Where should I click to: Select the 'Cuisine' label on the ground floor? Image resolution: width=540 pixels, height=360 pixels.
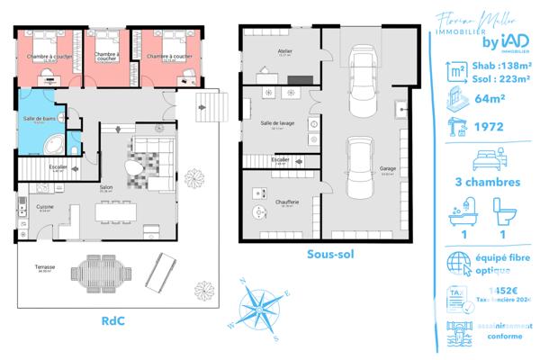tap(45, 207)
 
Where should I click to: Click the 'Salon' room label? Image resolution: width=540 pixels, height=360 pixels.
tap(105, 186)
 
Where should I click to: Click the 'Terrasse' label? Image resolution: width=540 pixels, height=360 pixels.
tap(45, 267)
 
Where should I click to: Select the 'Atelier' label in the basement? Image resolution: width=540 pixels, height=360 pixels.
tap(285, 52)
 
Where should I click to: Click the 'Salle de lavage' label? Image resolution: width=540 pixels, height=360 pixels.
tap(275, 123)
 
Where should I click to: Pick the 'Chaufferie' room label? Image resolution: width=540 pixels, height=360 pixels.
tap(287, 202)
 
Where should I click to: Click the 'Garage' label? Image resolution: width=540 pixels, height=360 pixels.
tap(387, 168)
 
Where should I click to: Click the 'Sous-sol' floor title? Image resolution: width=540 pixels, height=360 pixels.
tap(329, 255)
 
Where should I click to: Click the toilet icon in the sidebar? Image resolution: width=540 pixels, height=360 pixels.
tap(505, 211)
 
